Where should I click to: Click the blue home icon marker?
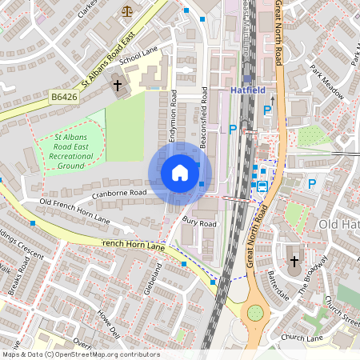(x=180, y=173)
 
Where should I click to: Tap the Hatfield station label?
(x=247, y=91)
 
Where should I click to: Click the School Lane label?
(x=138, y=55)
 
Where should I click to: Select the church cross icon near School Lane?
(x=117, y=84)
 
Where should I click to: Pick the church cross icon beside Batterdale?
(x=294, y=261)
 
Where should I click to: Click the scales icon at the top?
(x=126, y=12)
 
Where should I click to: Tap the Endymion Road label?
(x=174, y=117)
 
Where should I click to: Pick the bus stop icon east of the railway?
(x=262, y=186)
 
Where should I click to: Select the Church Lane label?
(x=302, y=338)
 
